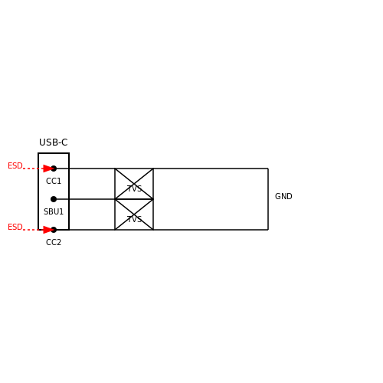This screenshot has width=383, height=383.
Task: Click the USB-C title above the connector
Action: coord(54,142)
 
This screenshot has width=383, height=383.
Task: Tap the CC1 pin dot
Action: coord(54,169)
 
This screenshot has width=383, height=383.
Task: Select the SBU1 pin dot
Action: coord(54,199)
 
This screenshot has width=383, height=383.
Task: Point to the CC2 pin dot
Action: coord(54,230)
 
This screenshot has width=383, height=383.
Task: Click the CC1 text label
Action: coord(54,181)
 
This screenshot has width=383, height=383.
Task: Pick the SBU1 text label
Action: coord(54,211)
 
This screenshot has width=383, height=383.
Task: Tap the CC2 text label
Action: coord(54,242)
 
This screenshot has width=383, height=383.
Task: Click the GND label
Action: coord(283,196)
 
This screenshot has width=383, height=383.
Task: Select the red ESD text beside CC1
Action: coord(15,165)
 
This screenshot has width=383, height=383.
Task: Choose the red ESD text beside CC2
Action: coord(15,227)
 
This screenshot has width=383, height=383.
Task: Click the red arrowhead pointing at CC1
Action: coord(48,169)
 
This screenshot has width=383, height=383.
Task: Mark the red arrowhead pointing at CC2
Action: coord(48,230)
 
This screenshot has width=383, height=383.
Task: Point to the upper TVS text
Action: coord(134,189)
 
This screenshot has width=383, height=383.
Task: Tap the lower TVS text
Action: coord(134,219)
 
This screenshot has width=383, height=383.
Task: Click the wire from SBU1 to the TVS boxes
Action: coord(84,199)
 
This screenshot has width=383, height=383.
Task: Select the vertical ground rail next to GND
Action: coord(268,199)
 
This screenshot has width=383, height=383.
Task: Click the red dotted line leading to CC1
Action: coord(33,169)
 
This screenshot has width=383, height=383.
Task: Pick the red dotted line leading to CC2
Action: coord(33,230)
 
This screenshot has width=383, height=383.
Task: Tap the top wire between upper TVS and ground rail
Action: coord(211,169)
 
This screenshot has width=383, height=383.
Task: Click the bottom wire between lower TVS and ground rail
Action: coord(211,230)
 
